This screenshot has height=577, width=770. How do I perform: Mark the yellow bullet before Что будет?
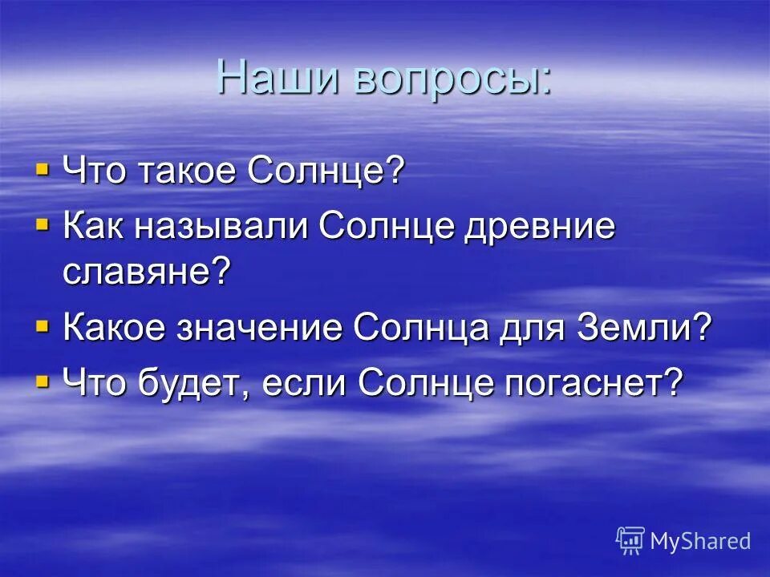[42, 381]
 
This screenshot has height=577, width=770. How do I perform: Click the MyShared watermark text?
[699, 541]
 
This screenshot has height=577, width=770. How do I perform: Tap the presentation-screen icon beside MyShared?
[630, 541]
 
